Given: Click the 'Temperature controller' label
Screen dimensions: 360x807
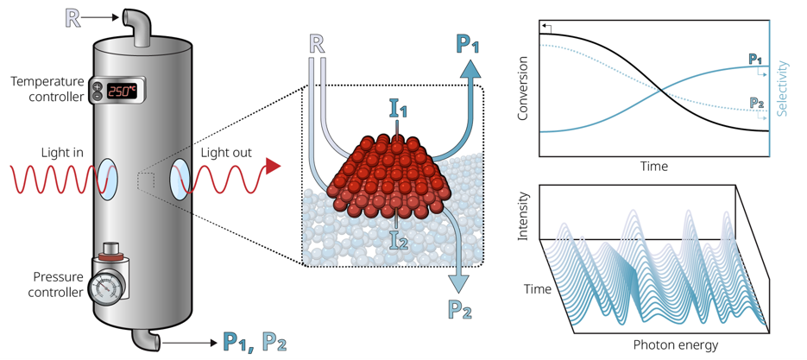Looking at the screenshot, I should [48, 89].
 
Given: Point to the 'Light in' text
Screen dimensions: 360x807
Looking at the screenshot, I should [62, 153].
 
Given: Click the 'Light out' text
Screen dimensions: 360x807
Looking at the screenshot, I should [226, 153].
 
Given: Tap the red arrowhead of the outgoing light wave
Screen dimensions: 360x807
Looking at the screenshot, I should [274, 167].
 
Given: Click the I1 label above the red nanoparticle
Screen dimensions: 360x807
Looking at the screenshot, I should [396, 110].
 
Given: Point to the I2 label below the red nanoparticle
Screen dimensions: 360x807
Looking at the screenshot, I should [398, 239].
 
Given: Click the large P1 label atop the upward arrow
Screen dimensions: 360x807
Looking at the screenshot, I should [467, 44].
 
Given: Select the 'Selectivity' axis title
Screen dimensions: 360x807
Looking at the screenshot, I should [784, 89].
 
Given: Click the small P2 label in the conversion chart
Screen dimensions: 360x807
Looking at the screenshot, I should [756, 103].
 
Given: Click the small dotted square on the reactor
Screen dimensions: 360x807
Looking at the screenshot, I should [146, 180].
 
